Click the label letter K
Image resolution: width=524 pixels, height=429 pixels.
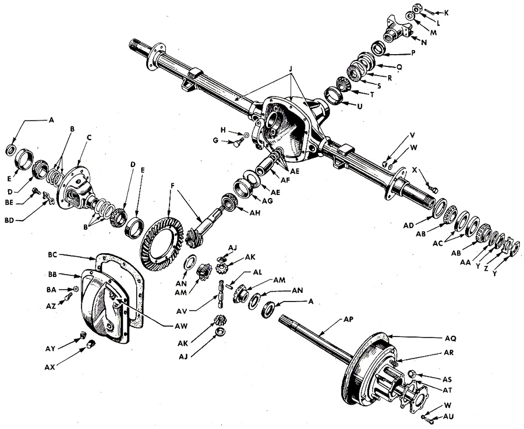(x=446, y=13)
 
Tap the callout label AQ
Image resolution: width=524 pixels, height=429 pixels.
(x=451, y=338)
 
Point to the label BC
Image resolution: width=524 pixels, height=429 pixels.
(x=53, y=255)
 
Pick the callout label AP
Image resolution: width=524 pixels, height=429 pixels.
(x=349, y=320)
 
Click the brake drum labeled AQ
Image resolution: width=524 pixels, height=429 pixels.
(x=367, y=367)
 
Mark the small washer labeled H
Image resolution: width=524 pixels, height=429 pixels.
(x=246, y=135)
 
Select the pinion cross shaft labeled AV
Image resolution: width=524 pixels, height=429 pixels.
(x=221, y=294)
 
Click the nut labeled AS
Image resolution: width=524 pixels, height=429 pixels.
(x=413, y=374)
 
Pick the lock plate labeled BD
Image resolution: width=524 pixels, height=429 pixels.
(x=50, y=200)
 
